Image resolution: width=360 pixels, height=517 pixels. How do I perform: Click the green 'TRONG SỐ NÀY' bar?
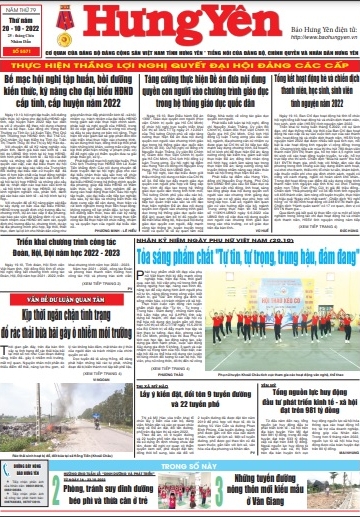pos(179,466)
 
